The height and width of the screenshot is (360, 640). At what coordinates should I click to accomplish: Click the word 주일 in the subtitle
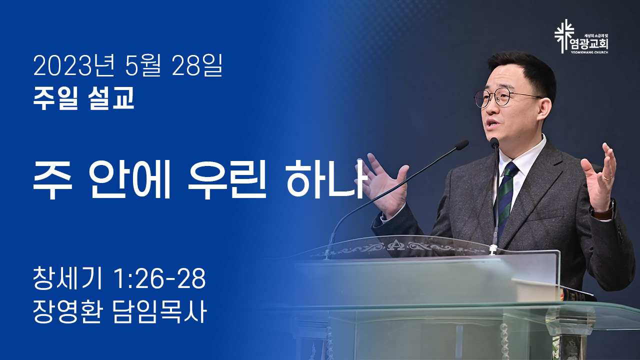click(x=55, y=97)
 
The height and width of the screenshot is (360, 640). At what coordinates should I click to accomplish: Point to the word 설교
click(x=111, y=97)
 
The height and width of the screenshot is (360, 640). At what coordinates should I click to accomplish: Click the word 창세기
click(x=67, y=278)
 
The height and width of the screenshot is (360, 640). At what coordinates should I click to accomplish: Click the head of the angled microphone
click(x=461, y=144)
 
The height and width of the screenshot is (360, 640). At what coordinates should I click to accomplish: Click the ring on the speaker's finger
click(x=607, y=177)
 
